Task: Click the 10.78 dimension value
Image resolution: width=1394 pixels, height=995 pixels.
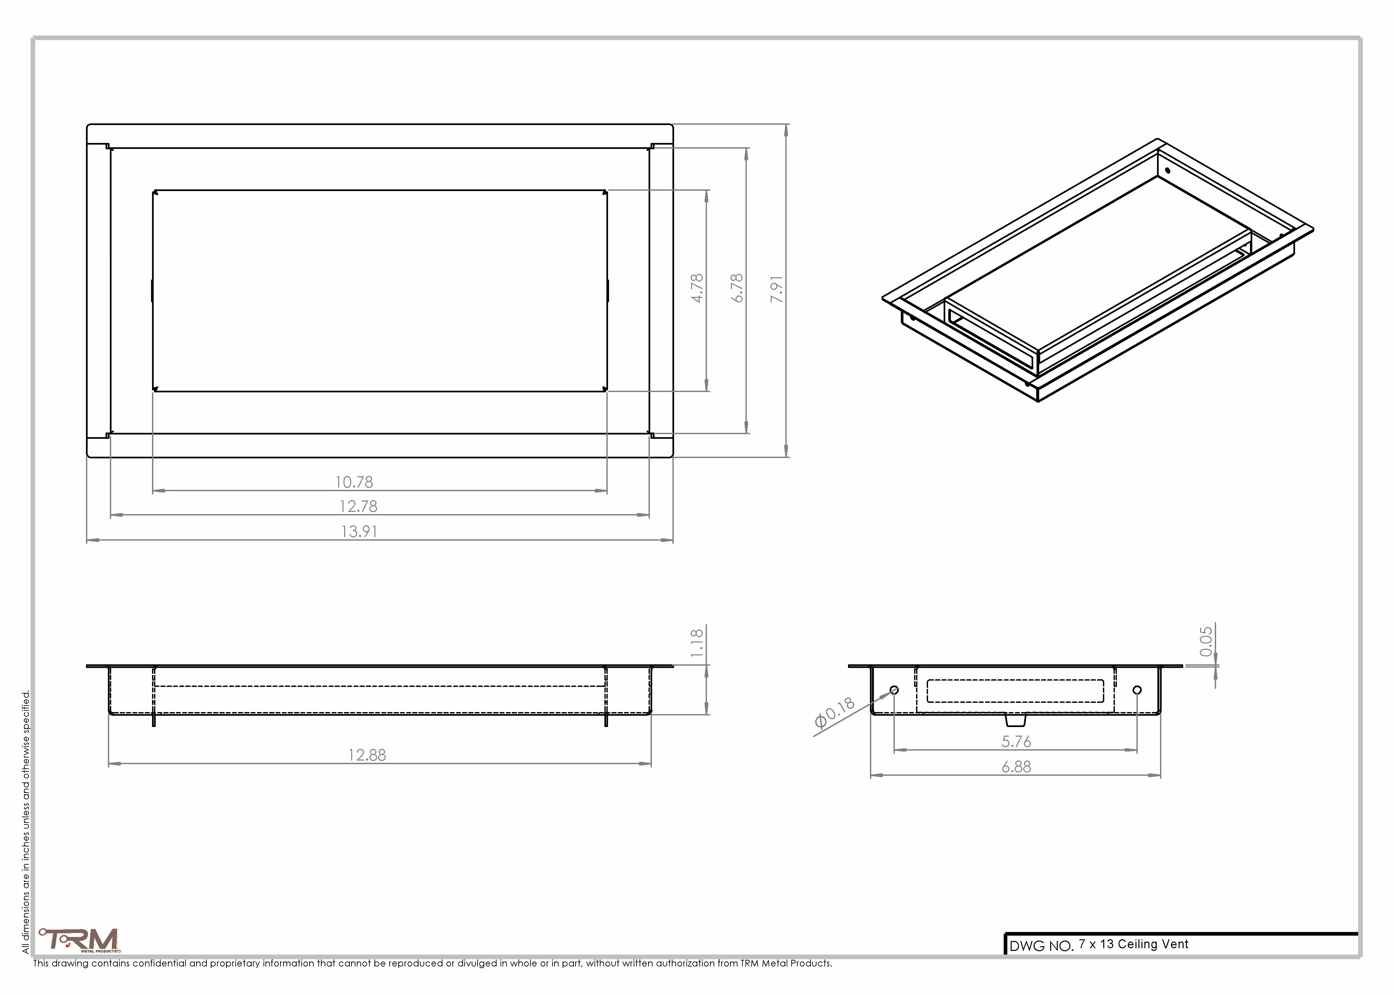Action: click(354, 482)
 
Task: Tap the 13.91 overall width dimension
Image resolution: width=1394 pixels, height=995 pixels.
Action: click(359, 531)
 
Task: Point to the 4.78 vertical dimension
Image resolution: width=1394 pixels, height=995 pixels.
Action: click(697, 288)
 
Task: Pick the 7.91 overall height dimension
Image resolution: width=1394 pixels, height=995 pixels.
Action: click(777, 289)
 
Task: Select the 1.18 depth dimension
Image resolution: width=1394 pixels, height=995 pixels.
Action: click(697, 643)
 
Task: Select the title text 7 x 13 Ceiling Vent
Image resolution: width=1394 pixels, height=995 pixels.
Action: click(1133, 944)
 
